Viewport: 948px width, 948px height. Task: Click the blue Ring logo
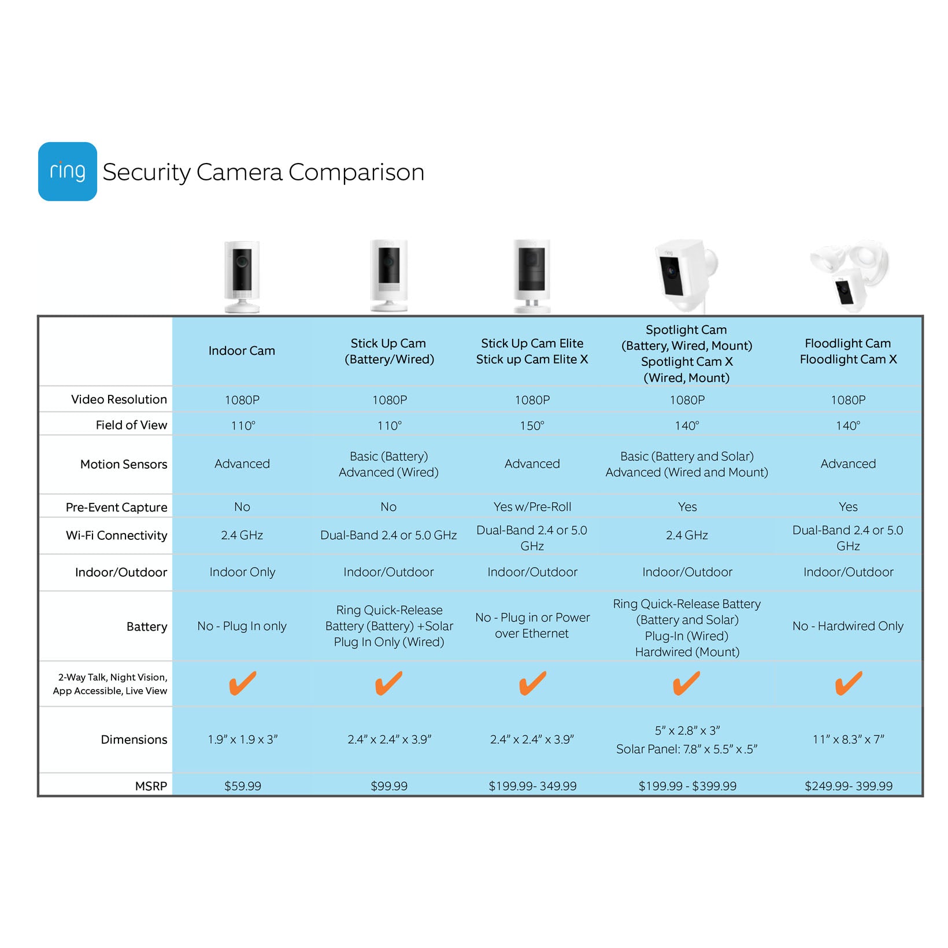67,172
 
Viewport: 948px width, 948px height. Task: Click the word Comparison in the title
356,172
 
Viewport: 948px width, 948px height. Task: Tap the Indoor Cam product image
242,276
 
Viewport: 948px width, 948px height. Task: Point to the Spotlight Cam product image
686,276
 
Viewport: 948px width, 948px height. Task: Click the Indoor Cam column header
242,351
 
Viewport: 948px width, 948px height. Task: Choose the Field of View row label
131,425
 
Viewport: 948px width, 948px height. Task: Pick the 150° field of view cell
532,426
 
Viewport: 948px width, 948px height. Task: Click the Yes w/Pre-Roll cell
532,507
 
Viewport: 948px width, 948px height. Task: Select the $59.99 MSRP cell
242,786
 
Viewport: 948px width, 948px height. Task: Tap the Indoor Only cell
242,572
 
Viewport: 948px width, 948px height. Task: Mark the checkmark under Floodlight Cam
848,683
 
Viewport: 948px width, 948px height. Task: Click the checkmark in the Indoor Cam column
242,683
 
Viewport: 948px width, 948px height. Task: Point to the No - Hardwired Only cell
847,626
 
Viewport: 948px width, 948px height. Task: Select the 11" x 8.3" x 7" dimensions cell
848,739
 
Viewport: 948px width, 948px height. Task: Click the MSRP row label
151,786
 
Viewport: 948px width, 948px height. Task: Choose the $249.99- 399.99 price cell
848,786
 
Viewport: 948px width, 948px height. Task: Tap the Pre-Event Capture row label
116,508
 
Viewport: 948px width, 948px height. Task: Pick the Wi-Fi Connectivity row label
116,535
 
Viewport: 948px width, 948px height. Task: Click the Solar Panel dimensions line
686,749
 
